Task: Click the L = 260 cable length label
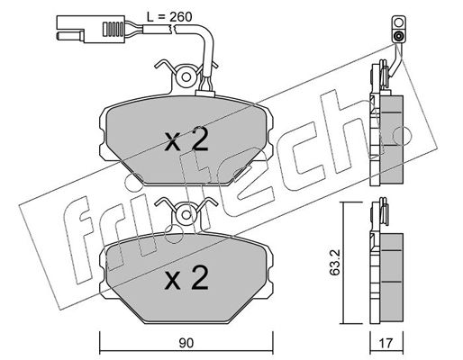pos(169,17)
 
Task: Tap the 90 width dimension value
pos(186,343)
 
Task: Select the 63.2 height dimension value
pos(334,262)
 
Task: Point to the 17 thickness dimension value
pos(386,343)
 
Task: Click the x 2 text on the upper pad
pos(186,139)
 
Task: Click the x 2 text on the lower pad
pos(186,278)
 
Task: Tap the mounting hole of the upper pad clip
pos(186,77)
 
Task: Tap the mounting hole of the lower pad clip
pos(186,215)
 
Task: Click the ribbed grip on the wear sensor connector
pos(113,29)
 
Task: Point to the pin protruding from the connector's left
pos(70,36)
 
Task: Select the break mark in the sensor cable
pos(173,29)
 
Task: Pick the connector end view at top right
pos(398,29)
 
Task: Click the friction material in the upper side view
pos(392,139)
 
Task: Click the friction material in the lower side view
pos(392,278)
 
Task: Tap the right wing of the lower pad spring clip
pos(206,203)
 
